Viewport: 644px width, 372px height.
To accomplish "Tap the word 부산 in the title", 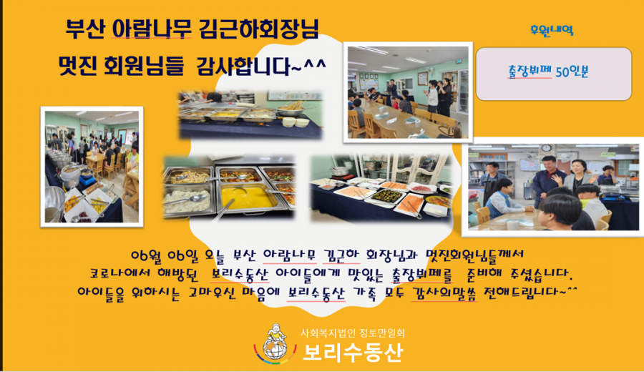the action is tap(85, 29).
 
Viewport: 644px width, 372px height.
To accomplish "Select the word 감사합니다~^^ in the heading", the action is tap(261, 66).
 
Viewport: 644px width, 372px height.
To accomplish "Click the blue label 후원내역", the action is tap(552, 30).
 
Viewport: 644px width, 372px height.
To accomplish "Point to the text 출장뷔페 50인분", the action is tap(548, 72).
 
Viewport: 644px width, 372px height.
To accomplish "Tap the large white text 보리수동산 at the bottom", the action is tap(353, 352).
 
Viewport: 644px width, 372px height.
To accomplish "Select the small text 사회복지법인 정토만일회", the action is tap(352, 333).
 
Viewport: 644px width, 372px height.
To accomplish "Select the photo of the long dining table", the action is tap(408, 92).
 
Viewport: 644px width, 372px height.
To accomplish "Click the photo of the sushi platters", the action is tap(381, 188).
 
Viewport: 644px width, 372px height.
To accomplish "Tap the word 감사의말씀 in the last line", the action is tap(444, 293).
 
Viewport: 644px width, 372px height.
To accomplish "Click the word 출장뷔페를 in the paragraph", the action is tap(421, 274).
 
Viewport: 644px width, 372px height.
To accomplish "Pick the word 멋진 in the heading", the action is tap(77, 66).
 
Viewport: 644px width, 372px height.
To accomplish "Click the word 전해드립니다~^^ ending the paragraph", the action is tap(530, 292).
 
